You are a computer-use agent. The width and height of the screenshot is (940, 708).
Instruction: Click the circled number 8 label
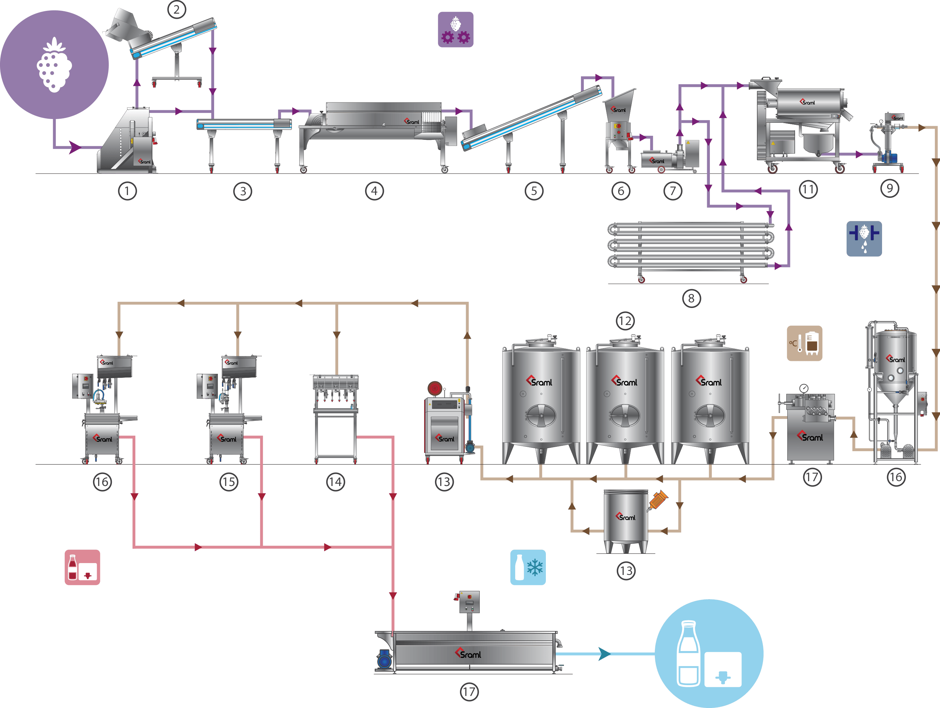pyautogui.click(x=691, y=298)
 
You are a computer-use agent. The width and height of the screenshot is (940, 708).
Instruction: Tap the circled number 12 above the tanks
pyautogui.click(x=625, y=321)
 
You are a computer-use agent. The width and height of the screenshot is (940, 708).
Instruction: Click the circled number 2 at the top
pyautogui.click(x=177, y=9)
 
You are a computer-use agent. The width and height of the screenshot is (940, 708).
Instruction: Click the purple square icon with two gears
pyautogui.click(x=456, y=29)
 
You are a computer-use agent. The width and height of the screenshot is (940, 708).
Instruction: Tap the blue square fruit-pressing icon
pyautogui.click(x=864, y=238)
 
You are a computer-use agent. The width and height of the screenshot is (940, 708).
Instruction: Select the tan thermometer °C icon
pyautogui.click(x=804, y=343)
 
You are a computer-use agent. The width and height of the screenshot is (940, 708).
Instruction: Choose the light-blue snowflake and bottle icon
pyautogui.click(x=528, y=567)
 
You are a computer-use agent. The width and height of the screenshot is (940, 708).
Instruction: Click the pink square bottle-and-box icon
pyautogui.click(x=82, y=567)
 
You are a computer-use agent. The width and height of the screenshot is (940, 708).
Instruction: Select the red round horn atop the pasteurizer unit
pyautogui.click(x=435, y=388)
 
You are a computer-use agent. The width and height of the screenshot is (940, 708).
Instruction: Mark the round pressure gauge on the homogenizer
pyautogui.click(x=804, y=388)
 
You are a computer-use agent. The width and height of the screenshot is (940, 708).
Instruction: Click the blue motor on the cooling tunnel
pyautogui.click(x=385, y=661)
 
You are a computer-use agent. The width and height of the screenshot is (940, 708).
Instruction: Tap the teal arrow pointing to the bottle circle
pyautogui.click(x=604, y=653)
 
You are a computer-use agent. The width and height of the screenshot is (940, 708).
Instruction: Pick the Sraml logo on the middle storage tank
pyautogui.click(x=624, y=381)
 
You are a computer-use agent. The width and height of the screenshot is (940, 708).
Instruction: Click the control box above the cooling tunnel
pyautogui.click(x=469, y=602)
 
